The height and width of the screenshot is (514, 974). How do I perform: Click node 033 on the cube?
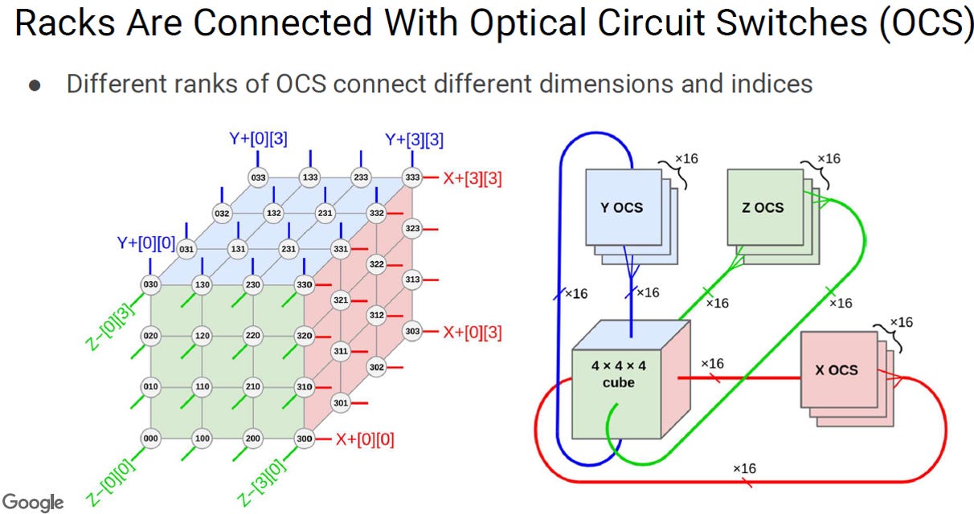[258, 177]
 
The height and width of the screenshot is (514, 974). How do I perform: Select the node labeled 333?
[412, 177]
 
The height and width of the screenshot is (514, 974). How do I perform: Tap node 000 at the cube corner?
[150, 438]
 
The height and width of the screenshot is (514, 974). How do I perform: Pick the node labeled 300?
[304, 439]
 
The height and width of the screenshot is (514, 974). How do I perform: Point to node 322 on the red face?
[377, 264]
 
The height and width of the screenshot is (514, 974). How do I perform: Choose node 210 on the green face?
[252, 386]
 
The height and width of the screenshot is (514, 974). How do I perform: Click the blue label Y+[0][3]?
[258, 139]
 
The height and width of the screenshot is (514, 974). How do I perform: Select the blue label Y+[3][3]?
[414, 140]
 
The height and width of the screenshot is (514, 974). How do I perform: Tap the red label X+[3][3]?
[473, 178]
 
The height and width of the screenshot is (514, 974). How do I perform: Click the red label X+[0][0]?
[365, 439]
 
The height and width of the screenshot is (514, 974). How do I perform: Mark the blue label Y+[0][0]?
[146, 243]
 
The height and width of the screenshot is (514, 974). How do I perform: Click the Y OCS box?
[624, 207]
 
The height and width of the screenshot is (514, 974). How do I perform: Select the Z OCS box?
[765, 207]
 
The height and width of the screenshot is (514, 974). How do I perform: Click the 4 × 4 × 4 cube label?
[618, 373]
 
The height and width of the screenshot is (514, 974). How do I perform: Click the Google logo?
[33, 503]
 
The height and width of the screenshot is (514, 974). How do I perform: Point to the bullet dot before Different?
[35, 85]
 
